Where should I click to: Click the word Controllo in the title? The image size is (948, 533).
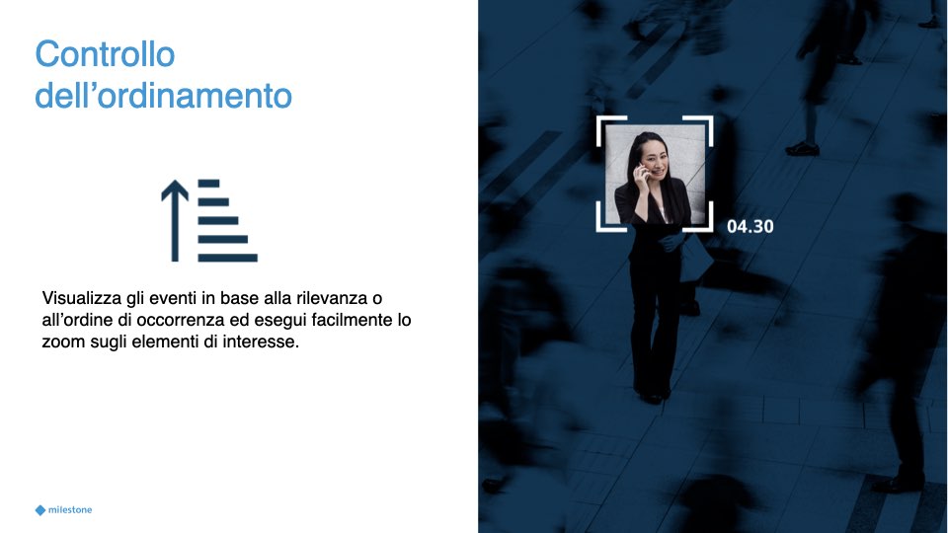click(x=106, y=54)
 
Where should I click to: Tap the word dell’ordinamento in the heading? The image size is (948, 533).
click(x=163, y=96)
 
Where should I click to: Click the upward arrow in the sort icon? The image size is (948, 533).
click(x=175, y=220)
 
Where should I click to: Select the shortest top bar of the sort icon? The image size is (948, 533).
click(x=208, y=184)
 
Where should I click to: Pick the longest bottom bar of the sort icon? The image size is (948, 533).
click(x=228, y=258)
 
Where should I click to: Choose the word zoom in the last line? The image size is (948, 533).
click(x=63, y=343)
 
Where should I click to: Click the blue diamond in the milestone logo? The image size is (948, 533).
click(x=40, y=510)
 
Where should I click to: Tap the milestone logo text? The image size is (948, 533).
click(x=70, y=510)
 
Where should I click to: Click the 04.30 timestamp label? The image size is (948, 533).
click(x=750, y=227)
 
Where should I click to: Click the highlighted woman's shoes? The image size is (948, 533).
click(x=653, y=397)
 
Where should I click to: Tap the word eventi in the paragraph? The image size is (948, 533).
click(x=171, y=298)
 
